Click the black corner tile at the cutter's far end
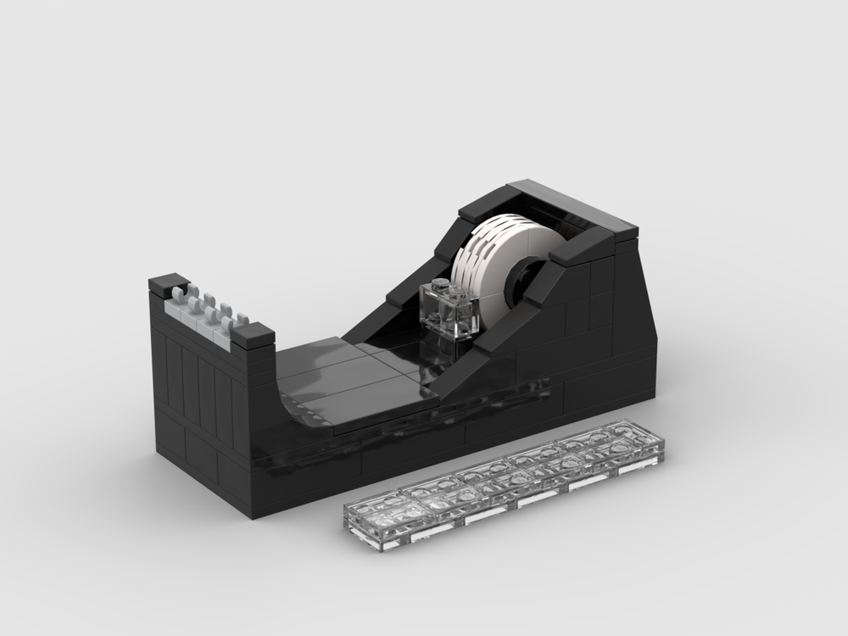[x=168, y=282]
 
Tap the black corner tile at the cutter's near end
[x=252, y=336]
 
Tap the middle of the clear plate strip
[x=505, y=484]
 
